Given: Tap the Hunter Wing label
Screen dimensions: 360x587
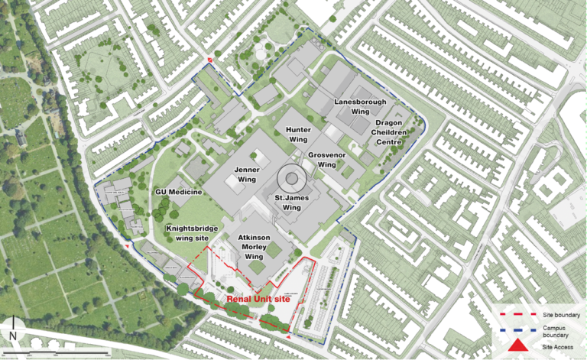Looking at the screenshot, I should coord(298,135).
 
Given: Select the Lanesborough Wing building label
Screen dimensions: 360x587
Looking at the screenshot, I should coord(359,105).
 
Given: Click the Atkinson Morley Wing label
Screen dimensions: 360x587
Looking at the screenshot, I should coord(253,247).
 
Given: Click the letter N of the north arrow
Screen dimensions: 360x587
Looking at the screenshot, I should coord(14,335).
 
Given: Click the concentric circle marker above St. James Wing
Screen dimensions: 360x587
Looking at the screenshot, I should coord(291,179).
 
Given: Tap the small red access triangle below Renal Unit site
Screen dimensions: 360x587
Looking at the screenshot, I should coord(288,336).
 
